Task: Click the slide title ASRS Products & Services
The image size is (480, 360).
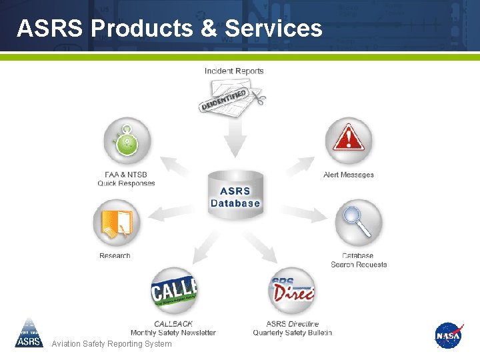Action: [169, 28]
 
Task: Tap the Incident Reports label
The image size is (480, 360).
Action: [234, 71]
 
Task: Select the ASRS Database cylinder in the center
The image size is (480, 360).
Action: [235, 193]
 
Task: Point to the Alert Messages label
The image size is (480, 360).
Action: [348, 175]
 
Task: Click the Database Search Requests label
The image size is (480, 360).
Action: [359, 260]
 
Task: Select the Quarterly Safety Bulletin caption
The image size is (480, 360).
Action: [292, 333]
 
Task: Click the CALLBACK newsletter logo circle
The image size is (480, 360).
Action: [175, 291]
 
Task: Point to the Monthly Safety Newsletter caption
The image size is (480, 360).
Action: [173, 333]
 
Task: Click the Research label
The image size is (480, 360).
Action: [115, 255]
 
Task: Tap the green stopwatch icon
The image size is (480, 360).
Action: [127, 141]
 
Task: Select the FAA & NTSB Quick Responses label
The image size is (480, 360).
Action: [126, 179]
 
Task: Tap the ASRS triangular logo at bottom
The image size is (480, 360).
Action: [29, 333]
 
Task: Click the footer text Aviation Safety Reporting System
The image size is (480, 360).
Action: [111, 344]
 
